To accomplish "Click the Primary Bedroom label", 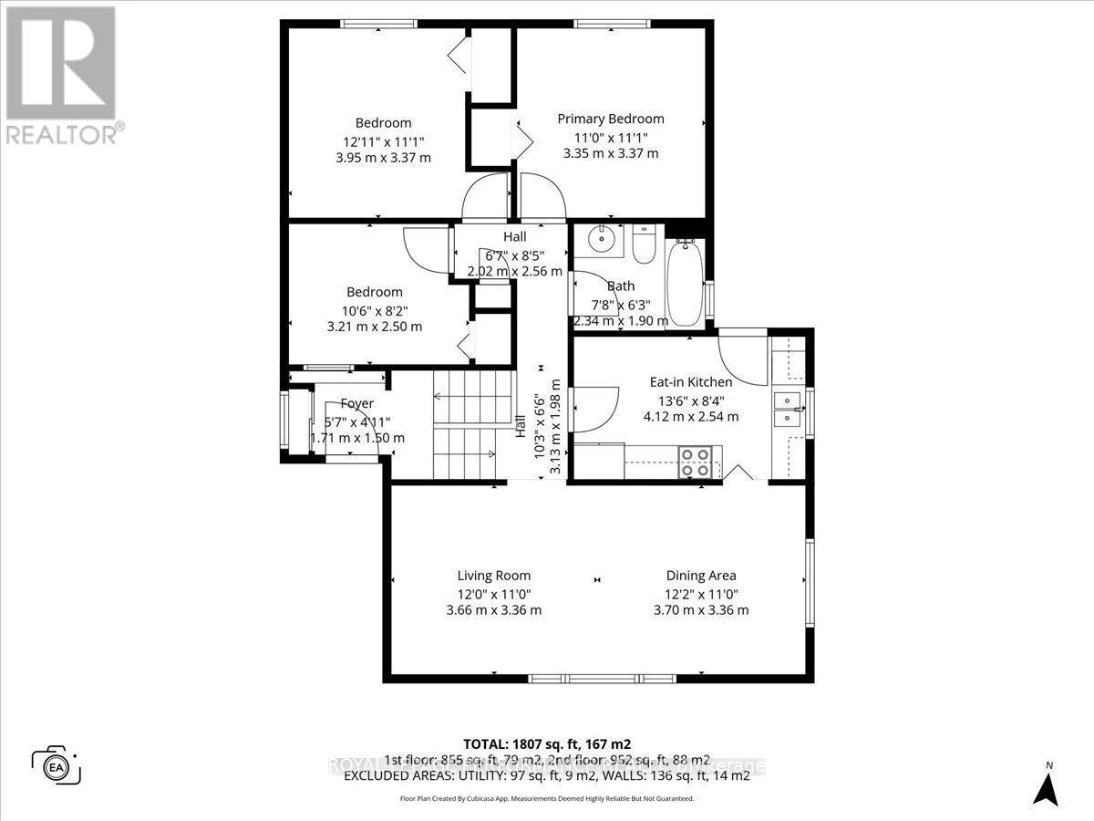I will pyautogui.click(x=611, y=119).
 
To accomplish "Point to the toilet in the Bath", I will pyautogui.click(x=644, y=244).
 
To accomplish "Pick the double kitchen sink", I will pyautogui.click(x=787, y=409).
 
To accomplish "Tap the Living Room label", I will pyautogui.click(x=494, y=576).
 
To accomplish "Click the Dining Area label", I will pyautogui.click(x=701, y=576).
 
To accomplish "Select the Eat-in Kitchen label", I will pyautogui.click(x=690, y=382).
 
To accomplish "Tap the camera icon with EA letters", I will pyautogui.click(x=56, y=764).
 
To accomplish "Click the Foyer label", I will pyautogui.click(x=358, y=403).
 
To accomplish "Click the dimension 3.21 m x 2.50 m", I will pyautogui.click(x=375, y=326).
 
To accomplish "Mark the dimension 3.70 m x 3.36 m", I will pyautogui.click(x=701, y=610).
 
